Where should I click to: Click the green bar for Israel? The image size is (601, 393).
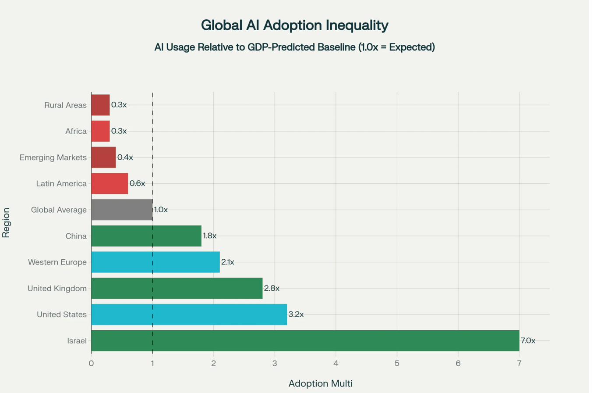click(x=305, y=340)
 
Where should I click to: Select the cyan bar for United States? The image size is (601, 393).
click(x=189, y=314)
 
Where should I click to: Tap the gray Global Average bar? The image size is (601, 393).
click(x=122, y=210)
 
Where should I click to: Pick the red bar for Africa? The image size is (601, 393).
click(x=100, y=131)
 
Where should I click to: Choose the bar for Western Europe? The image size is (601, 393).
click(x=155, y=262)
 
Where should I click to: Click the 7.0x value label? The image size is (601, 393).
click(x=528, y=340)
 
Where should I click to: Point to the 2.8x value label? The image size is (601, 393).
click(x=272, y=288)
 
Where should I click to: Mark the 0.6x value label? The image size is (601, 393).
click(x=137, y=183)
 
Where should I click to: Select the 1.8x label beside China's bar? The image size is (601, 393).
click(x=209, y=236)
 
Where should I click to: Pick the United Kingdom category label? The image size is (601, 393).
click(x=57, y=288)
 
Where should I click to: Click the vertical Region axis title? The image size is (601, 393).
click(x=6, y=223)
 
